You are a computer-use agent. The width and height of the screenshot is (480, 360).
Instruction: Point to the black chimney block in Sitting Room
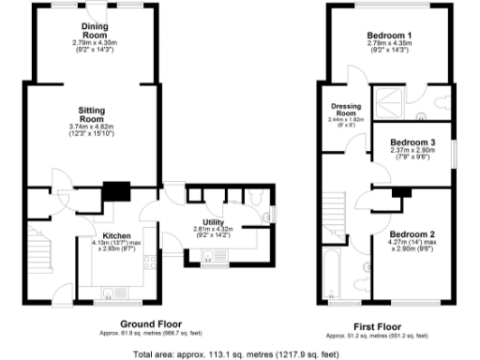click(x=116, y=192)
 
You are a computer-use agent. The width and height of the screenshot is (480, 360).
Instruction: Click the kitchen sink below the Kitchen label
click(x=110, y=290)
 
